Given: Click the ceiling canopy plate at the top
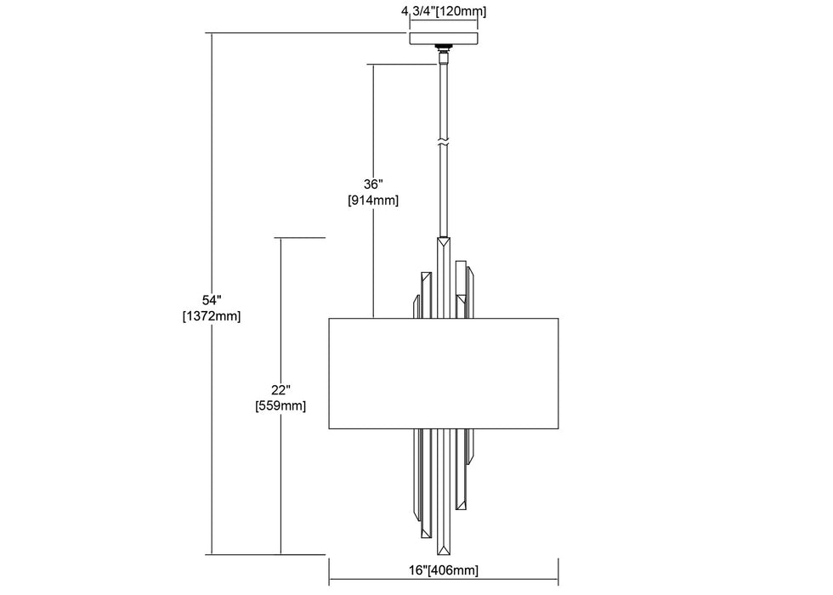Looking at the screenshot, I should [443, 39].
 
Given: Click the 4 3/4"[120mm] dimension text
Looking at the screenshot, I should [443, 12].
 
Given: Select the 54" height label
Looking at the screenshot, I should [212, 300].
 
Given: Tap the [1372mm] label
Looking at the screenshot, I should [212, 316].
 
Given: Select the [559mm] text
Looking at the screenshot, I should [280, 405].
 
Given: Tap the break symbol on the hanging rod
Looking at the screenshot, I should [443, 140].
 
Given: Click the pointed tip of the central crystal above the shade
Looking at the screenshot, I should [443, 241].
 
